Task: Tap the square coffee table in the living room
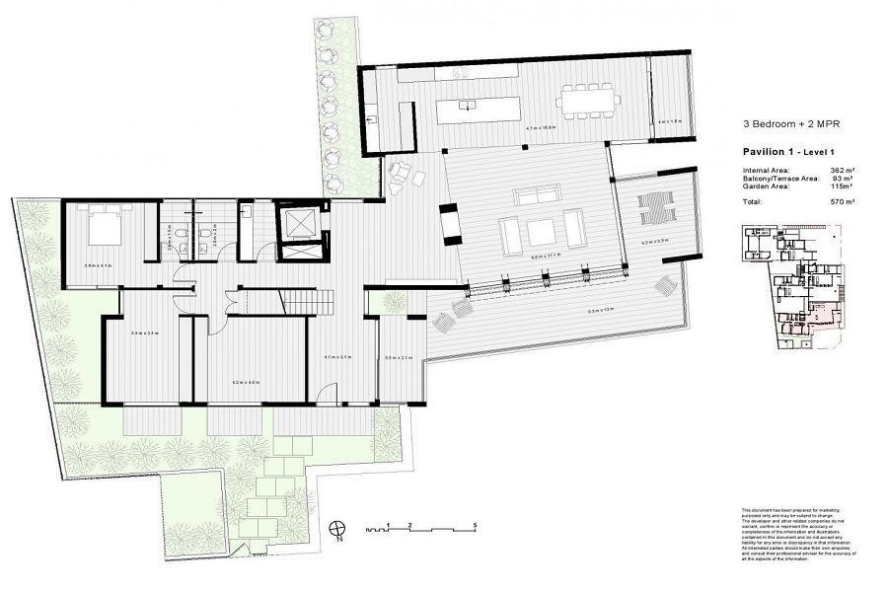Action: tap(543, 233)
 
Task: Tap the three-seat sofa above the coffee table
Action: tap(541, 192)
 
